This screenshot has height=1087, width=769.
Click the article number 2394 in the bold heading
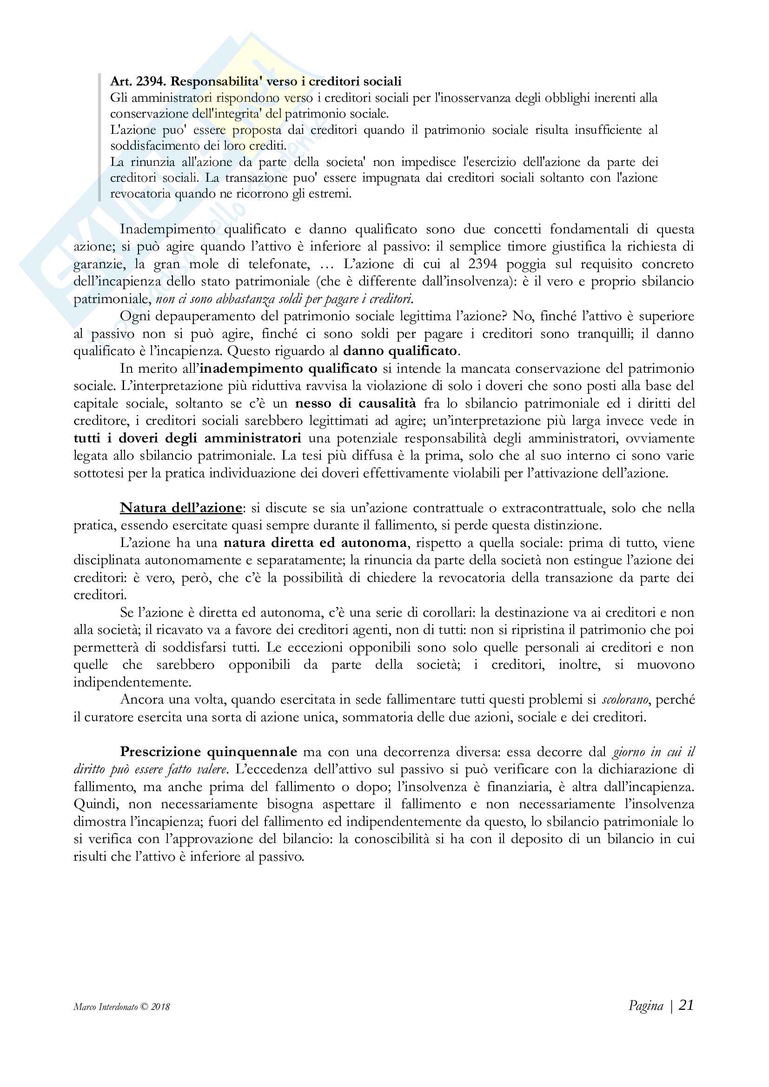click(150, 81)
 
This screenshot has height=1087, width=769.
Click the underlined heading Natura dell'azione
click(181, 508)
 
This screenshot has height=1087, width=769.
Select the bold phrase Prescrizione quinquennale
click(208, 752)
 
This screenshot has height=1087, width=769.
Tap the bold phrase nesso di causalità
click(355, 403)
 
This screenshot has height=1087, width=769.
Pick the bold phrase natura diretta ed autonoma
click(315, 542)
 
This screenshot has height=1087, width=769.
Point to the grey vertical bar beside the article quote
click(100, 137)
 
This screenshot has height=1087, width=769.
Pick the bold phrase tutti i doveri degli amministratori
click(187, 438)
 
